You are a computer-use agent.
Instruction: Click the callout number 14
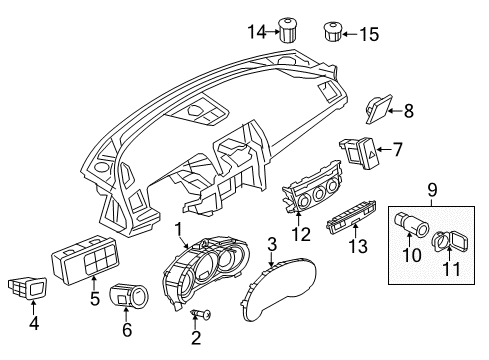[257, 32]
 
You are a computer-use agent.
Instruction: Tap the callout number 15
[369, 34]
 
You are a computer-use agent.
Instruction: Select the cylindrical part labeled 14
[288, 30]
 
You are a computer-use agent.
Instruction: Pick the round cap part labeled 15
[333, 32]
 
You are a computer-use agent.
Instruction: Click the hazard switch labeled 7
[360, 152]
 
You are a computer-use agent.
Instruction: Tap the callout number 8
[409, 111]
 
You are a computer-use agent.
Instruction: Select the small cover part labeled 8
[379, 109]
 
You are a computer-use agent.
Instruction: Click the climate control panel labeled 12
[312, 187]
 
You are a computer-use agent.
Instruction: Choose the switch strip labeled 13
[352, 216]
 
